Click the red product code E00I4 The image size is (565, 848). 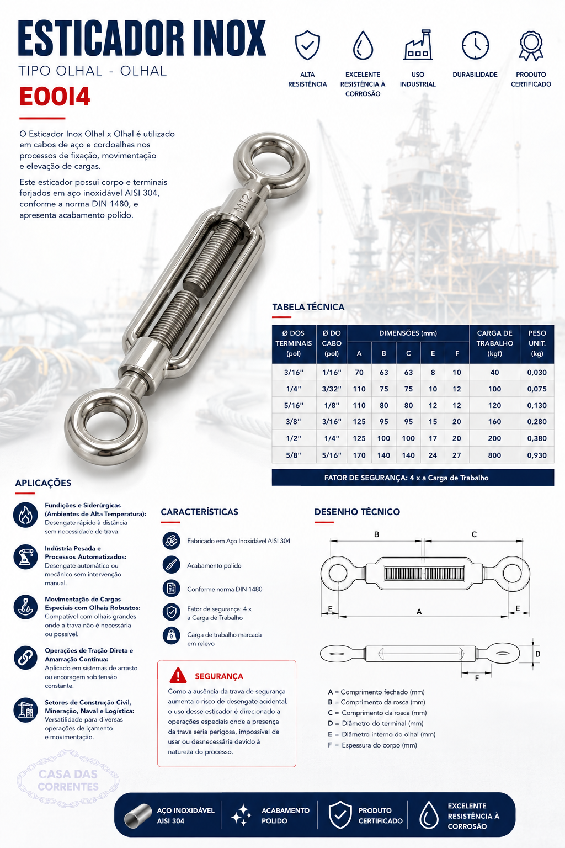click(55, 97)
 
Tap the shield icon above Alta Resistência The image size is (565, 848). click(307, 45)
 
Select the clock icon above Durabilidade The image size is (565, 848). click(475, 45)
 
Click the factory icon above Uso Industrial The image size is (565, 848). click(418, 45)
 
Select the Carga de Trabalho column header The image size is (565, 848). click(494, 343)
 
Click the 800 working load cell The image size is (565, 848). click(494, 455)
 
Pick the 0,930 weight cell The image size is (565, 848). click(537, 455)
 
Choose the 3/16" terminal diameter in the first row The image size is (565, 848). click(294, 372)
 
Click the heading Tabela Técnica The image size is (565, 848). click(308, 306)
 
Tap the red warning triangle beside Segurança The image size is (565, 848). click(178, 675)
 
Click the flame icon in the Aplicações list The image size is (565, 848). click(25, 515)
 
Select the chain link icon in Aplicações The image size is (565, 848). click(25, 658)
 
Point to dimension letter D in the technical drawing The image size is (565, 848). click(538, 654)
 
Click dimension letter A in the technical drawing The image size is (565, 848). click(419, 611)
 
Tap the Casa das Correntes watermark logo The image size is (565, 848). click(68, 780)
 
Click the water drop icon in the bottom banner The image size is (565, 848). click(428, 815)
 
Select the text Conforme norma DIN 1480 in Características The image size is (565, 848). click(225, 589)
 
